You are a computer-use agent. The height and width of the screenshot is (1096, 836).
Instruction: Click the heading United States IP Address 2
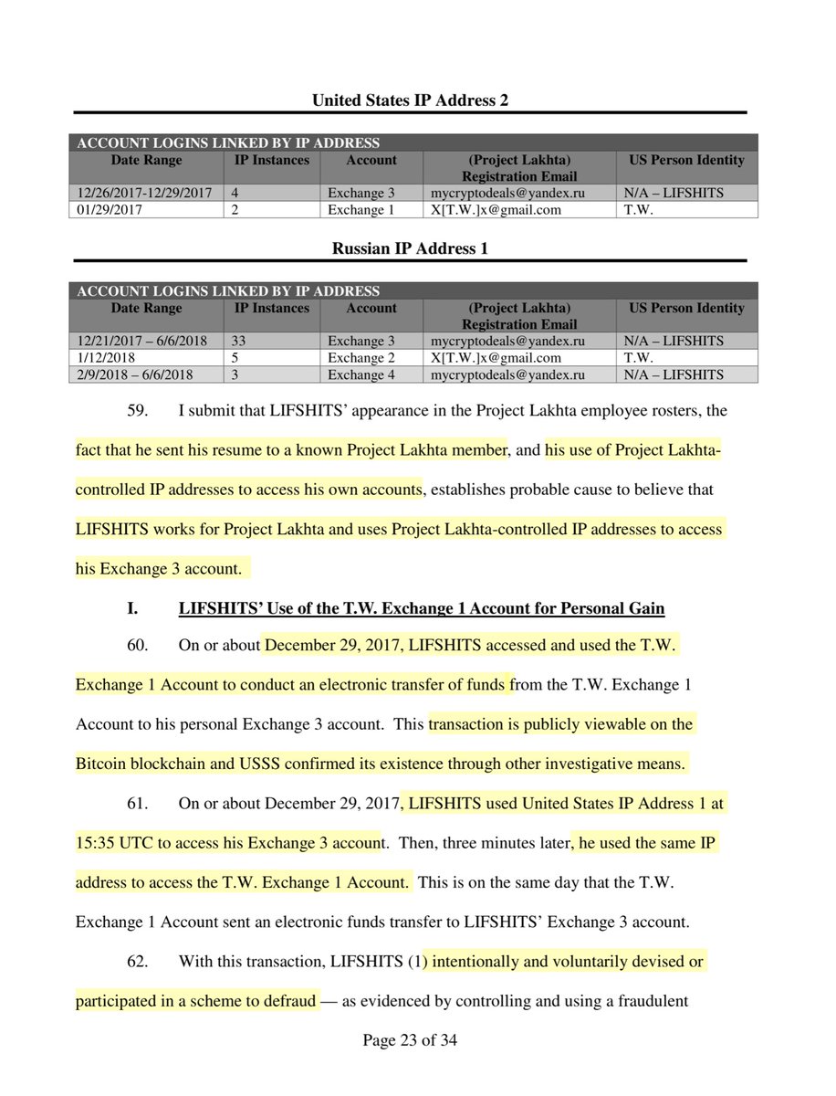(410, 100)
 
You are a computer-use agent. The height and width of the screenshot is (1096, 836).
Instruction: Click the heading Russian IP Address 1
(410, 248)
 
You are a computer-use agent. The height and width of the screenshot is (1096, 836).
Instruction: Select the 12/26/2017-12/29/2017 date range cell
(146, 194)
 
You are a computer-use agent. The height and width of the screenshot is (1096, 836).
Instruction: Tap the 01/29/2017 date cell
(104, 210)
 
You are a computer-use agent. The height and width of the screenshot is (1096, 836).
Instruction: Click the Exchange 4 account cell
(356, 374)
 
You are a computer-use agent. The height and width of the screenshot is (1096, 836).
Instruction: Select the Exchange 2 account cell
(356, 358)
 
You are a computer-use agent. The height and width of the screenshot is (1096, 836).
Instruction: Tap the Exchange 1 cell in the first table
(356, 210)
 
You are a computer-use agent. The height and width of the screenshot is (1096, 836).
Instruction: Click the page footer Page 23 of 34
(410, 1040)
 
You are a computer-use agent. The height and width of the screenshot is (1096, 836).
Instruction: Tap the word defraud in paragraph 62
(287, 1001)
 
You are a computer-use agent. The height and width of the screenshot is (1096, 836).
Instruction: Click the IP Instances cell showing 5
(239, 358)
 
